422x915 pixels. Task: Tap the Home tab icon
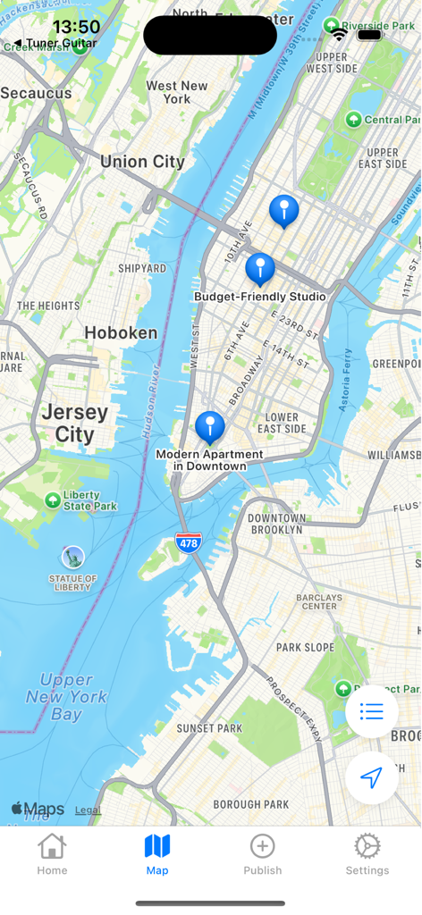[52, 854]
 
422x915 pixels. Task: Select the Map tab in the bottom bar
[157, 854]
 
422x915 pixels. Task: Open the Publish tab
[262, 854]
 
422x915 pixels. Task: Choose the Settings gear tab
[367, 854]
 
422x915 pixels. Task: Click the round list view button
[372, 711]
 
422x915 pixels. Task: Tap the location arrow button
[372, 777]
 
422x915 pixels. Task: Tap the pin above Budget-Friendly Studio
[260, 268]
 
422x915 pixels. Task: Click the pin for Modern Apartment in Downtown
[210, 427]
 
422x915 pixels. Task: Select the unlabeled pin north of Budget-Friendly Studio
[284, 211]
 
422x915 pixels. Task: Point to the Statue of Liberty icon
[72, 557]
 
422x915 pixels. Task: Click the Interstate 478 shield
[189, 541]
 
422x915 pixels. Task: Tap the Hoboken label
[121, 333]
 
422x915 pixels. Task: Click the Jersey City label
[75, 424]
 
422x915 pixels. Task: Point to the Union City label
[142, 162]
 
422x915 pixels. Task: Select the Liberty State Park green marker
[53, 500]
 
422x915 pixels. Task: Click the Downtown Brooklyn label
[276, 524]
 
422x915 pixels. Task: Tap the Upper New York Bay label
[67, 697]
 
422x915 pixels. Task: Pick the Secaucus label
[36, 93]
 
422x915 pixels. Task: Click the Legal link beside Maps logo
[88, 810]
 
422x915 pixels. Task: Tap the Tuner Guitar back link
[55, 43]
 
